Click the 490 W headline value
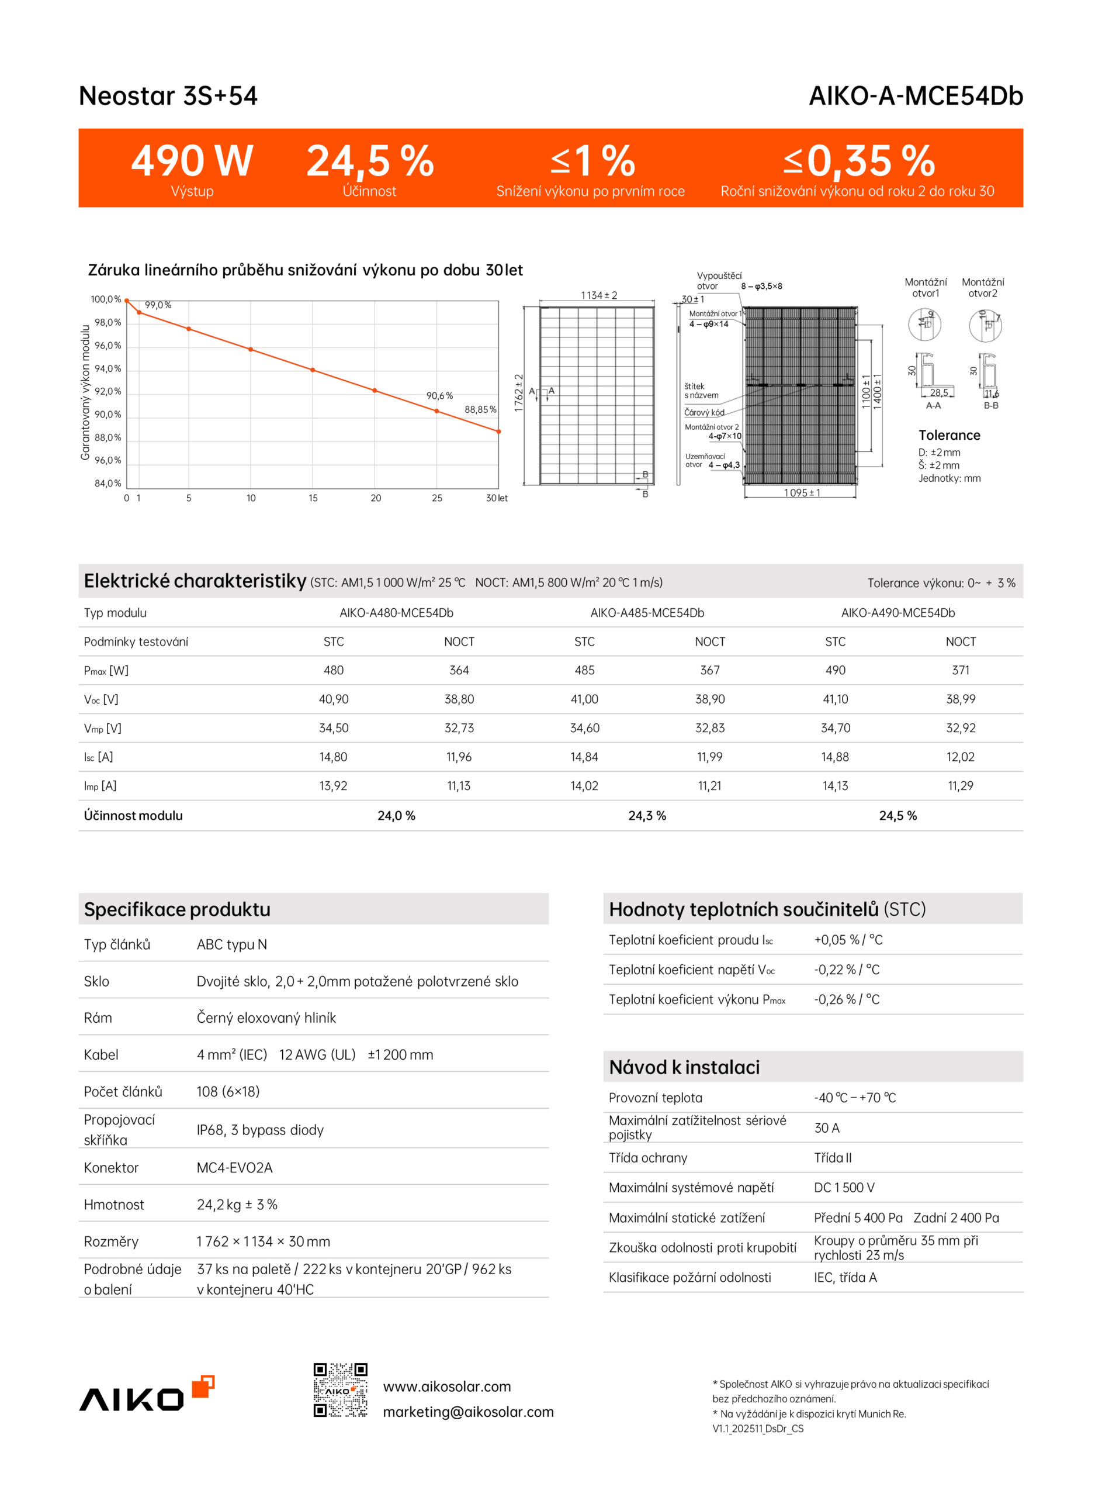[192, 161]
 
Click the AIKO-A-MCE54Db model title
[915, 96]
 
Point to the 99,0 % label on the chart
[158, 305]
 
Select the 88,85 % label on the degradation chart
[480, 409]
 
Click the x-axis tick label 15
[313, 498]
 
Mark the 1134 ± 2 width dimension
[598, 295]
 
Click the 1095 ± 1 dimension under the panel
[802, 492]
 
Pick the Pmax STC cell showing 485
[584, 670]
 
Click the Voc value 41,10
[835, 699]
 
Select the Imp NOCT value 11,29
[960, 785]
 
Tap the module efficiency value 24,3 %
[647, 816]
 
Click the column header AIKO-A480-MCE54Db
[396, 613]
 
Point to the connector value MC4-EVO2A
[234, 1167]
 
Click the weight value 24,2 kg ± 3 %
[237, 1204]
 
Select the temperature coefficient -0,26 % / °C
[847, 999]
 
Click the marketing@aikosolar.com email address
[467, 1412]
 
